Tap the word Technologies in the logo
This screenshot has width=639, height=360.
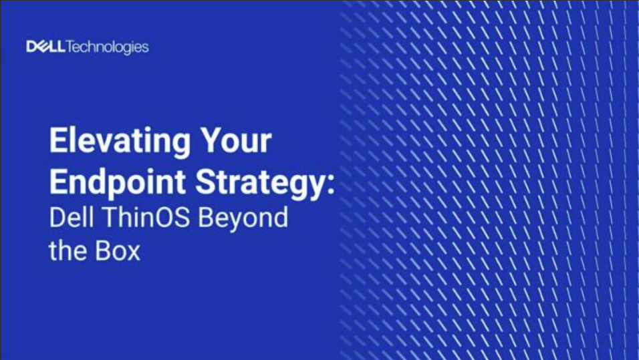(108, 47)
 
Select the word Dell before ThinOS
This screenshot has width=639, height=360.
(70, 218)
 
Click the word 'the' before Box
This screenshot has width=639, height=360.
(66, 252)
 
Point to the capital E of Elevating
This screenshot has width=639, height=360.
(58, 143)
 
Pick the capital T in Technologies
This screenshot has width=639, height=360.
(72, 47)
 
